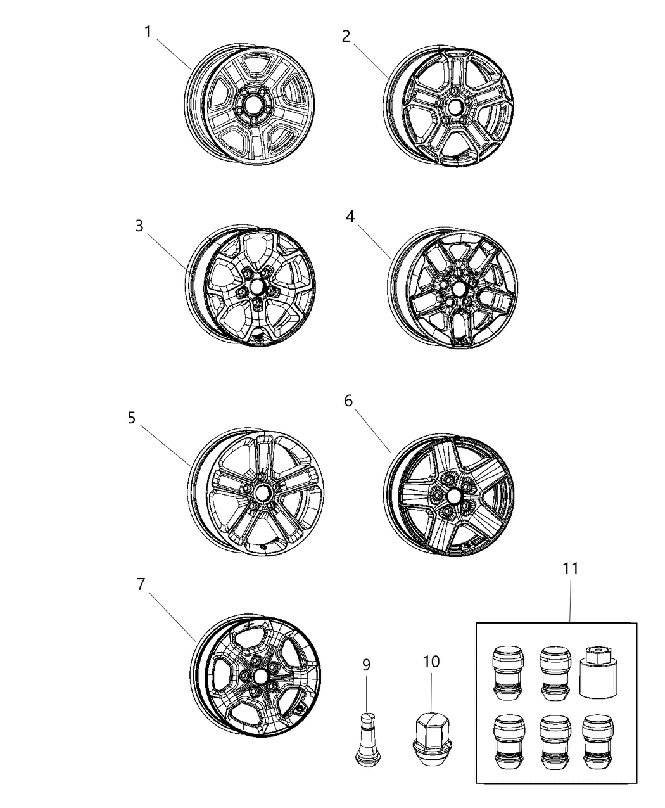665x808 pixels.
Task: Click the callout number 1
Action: (x=148, y=31)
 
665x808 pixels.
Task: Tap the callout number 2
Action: (x=346, y=36)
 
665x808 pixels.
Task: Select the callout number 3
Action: (x=139, y=226)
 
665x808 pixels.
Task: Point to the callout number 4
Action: (x=350, y=217)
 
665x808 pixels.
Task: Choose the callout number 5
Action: (x=132, y=418)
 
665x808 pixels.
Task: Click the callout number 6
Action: (x=348, y=401)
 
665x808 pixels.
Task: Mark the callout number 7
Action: (x=141, y=584)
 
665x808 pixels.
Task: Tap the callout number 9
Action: (x=366, y=665)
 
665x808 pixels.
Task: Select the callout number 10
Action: (x=431, y=662)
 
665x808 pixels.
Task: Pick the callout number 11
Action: (x=571, y=568)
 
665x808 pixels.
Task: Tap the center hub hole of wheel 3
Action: (x=256, y=287)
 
